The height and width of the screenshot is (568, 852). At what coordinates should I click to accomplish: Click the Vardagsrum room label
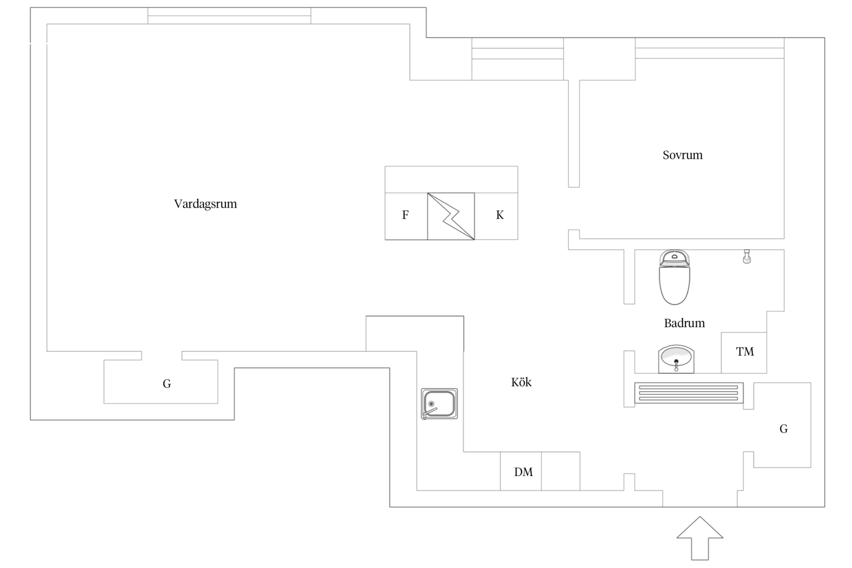tap(206, 204)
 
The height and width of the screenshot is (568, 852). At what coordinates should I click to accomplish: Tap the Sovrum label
tap(682, 155)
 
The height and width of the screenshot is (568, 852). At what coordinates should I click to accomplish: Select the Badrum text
tap(684, 323)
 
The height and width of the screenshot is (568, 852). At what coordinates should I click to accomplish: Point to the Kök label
tap(521, 382)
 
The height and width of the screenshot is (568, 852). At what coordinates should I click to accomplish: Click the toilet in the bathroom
tap(674, 277)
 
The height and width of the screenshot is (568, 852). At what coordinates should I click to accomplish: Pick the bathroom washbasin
tap(676, 359)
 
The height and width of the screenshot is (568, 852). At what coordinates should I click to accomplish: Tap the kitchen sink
tap(439, 404)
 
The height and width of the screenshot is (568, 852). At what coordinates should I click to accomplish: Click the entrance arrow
tap(700, 538)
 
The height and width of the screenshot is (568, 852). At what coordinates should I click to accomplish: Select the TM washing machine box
tap(744, 353)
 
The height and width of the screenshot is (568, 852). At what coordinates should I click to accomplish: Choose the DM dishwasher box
tap(521, 471)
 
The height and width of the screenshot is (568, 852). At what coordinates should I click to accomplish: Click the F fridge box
tap(406, 216)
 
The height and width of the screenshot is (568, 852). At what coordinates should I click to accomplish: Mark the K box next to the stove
tap(496, 216)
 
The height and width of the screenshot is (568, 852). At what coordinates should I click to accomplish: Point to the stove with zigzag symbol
tap(451, 216)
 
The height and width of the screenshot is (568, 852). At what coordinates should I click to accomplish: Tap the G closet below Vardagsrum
tap(161, 382)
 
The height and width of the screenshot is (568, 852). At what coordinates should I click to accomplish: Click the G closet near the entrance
tap(782, 425)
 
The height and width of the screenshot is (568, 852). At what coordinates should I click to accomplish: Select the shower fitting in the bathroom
tap(747, 257)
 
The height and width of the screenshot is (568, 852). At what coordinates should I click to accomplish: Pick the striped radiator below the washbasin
tap(689, 393)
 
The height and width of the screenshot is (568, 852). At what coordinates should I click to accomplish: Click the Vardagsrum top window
tap(229, 16)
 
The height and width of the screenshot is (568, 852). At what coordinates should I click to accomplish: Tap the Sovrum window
tap(710, 48)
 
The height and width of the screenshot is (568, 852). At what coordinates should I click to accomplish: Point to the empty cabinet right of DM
tap(561, 471)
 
